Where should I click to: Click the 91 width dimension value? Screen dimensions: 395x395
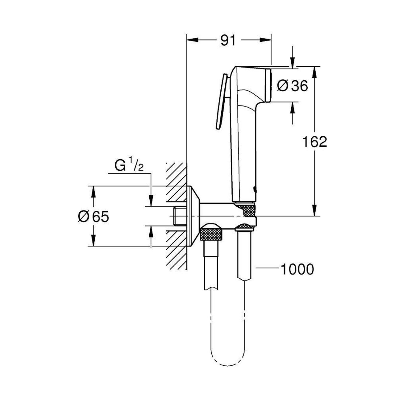pyautogui.click(x=228, y=40)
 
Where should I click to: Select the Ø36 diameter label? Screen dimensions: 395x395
pyautogui.click(x=293, y=86)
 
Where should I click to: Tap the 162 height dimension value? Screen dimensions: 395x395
pyautogui.click(x=314, y=142)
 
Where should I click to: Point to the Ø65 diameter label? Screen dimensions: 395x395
pyautogui.click(x=93, y=217)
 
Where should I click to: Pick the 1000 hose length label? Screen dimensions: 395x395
pyautogui.click(x=297, y=269)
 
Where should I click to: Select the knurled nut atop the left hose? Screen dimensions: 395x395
pyautogui.click(x=211, y=234)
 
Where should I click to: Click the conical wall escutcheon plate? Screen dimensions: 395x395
pyautogui.click(x=193, y=216)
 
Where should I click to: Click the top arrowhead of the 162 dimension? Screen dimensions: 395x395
pyautogui.click(x=314, y=71)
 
